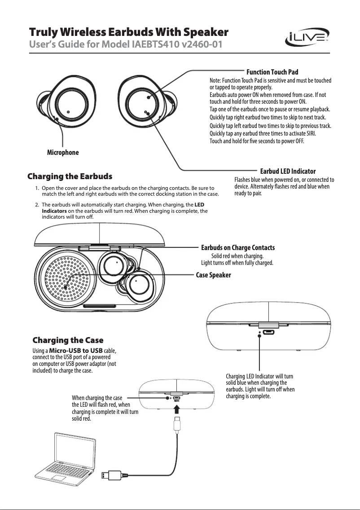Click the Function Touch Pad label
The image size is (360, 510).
(x=272, y=72)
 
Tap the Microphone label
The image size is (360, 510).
(x=63, y=153)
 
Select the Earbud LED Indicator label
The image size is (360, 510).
(x=288, y=171)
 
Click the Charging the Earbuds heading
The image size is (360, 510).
(x=70, y=176)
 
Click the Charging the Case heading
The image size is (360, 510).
(x=68, y=340)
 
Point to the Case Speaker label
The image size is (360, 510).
(x=214, y=275)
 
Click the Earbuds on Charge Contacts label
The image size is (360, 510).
(x=237, y=248)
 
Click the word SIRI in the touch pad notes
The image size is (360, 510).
(x=310, y=134)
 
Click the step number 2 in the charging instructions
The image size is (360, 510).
(x=36, y=205)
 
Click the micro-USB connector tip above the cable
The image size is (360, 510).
(x=177, y=424)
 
